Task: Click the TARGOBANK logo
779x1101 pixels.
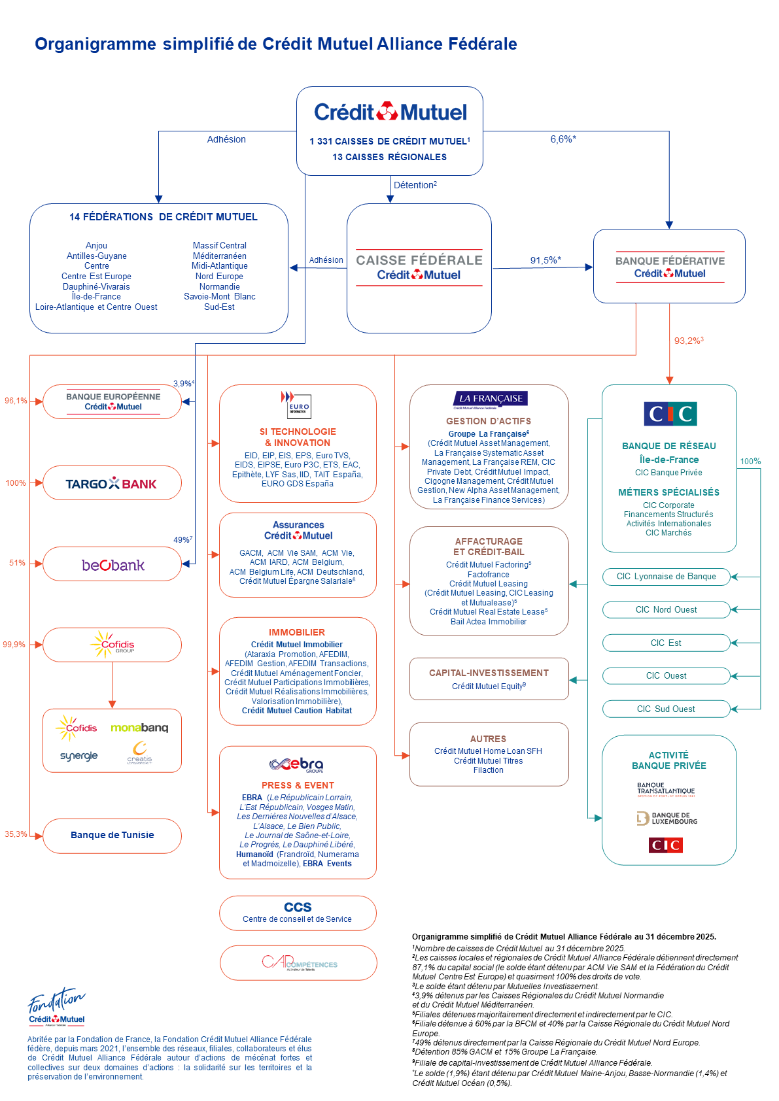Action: pyautogui.click(x=111, y=484)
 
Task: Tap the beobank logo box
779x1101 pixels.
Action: pyautogui.click(x=113, y=565)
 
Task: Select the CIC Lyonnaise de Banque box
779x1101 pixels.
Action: pyautogui.click(x=666, y=577)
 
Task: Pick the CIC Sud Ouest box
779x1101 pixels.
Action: pyautogui.click(x=666, y=709)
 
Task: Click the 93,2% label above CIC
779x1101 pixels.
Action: pyautogui.click(x=688, y=341)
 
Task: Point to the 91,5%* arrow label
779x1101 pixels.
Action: pyautogui.click(x=545, y=260)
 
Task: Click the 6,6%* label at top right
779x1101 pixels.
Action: pyautogui.click(x=563, y=139)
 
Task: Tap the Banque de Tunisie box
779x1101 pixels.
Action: pyautogui.click(x=112, y=836)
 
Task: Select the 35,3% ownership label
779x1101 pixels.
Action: pyautogui.click(x=16, y=834)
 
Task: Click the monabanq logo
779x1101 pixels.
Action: pyautogui.click(x=139, y=728)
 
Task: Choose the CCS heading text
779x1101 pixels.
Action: pyautogui.click(x=298, y=907)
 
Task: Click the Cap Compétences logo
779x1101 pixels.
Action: pyautogui.click(x=299, y=963)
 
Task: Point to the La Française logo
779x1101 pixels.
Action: pyautogui.click(x=490, y=399)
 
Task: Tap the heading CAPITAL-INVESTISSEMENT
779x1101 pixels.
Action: pyautogui.click(x=489, y=673)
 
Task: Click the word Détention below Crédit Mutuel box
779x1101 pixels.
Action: pyautogui.click(x=413, y=186)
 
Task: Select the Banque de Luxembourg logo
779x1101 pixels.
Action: pyautogui.click(x=667, y=819)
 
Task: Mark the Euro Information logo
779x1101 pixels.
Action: pyautogui.click(x=296, y=405)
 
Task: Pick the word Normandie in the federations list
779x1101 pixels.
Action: pyautogui.click(x=219, y=287)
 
